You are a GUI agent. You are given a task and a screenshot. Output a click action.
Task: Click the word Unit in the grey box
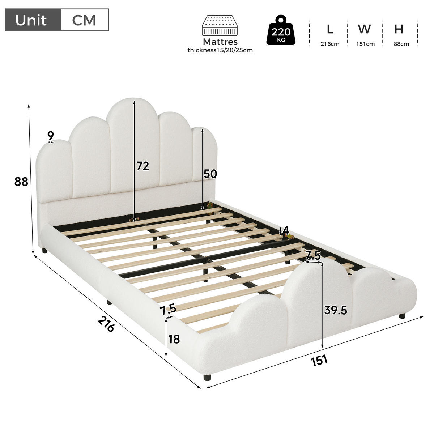pyautogui.click(x=31, y=20)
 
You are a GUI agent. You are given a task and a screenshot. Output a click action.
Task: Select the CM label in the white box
pyautogui.click(x=84, y=20)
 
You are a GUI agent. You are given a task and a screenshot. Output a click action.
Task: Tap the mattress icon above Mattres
pyautogui.click(x=220, y=25)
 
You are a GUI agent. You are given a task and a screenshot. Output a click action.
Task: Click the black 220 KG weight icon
pyautogui.click(x=281, y=30)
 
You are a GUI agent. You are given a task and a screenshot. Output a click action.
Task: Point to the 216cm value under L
pyautogui.click(x=330, y=44)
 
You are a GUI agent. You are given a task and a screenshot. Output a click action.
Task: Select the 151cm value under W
pyautogui.click(x=365, y=44)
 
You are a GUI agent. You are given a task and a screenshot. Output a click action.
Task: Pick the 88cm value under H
pyautogui.click(x=401, y=44)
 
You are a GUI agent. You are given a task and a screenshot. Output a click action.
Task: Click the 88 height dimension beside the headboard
pyautogui.click(x=21, y=182)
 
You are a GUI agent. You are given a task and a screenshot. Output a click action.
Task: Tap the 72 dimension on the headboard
pyautogui.click(x=143, y=166)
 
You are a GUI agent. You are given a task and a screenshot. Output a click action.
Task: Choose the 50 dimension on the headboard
pyautogui.click(x=210, y=174)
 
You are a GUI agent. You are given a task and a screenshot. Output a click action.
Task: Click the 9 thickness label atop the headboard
pyautogui.click(x=51, y=136)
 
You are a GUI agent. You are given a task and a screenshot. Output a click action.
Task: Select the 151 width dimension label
pyautogui.click(x=319, y=360)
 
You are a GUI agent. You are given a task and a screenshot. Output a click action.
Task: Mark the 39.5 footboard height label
pyautogui.click(x=336, y=310)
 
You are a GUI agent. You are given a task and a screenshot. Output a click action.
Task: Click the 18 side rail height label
pyautogui.click(x=174, y=339)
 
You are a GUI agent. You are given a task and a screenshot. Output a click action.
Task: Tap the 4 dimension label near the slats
pyautogui.click(x=286, y=230)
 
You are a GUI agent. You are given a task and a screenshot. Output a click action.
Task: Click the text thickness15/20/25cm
pyautogui.click(x=220, y=50)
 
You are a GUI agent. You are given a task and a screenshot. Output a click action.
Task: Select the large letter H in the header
pyautogui.click(x=399, y=29)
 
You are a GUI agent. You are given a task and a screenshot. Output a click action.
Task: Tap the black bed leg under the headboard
pyautogui.click(x=44, y=251)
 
